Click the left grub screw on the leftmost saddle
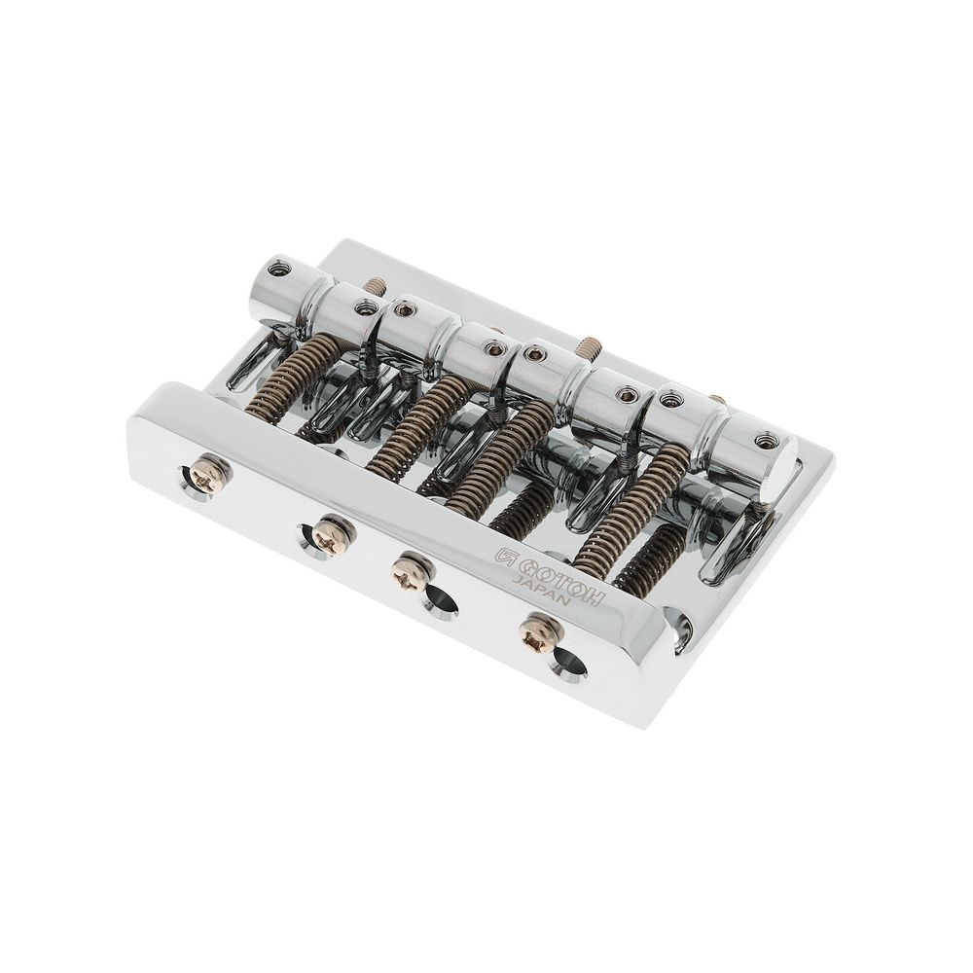point(272,270)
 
